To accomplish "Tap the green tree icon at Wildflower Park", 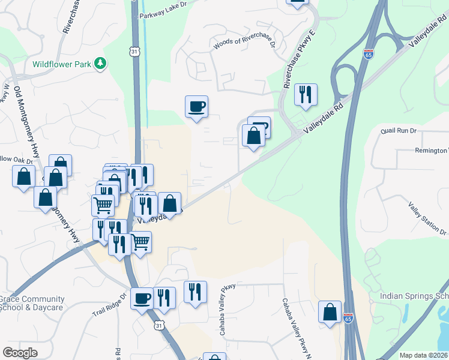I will pyautogui.click(x=102, y=62).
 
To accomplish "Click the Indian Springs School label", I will pyautogui.click(x=414, y=296).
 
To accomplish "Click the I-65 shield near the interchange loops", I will pyautogui.click(x=368, y=54).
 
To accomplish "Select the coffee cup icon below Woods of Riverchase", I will pyautogui.click(x=196, y=107).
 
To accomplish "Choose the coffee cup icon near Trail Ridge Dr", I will pyautogui.click(x=142, y=298).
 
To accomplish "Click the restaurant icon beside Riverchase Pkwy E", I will pyautogui.click(x=306, y=94).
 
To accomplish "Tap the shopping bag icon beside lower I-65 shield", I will pyautogui.click(x=330, y=312).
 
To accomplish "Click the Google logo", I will pyautogui.click(x=20, y=352).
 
